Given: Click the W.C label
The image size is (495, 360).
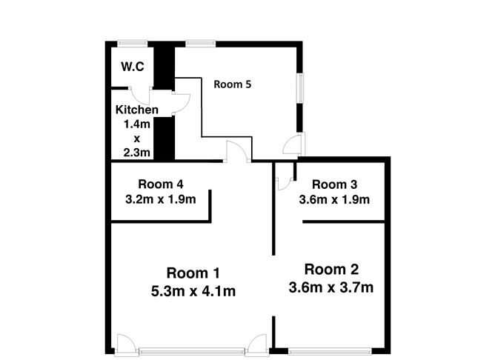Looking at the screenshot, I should (x=133, y=67).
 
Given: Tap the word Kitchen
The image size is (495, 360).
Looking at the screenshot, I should (x=137, y=110).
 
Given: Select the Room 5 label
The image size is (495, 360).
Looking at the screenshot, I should (x=233, y=84).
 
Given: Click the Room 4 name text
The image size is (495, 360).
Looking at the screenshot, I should (x=161, y=184).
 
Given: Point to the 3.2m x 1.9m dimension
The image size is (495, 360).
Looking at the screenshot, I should (x=161, y=199).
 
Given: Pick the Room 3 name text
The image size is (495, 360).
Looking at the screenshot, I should (x=335, y=184).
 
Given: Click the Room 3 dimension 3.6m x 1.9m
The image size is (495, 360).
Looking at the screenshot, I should (x=335, y=199).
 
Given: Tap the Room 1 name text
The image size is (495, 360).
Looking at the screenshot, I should (x=193, y=272).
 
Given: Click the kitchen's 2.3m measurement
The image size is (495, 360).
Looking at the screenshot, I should (x=137, y=153).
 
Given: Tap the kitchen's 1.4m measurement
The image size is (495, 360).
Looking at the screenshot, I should (x=137, y=124).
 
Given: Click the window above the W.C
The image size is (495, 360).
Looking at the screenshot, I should (x=133, y=41).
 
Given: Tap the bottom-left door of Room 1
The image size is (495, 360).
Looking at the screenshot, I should (x=124, y=344).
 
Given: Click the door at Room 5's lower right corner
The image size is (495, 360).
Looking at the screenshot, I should (x=296, y=144).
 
